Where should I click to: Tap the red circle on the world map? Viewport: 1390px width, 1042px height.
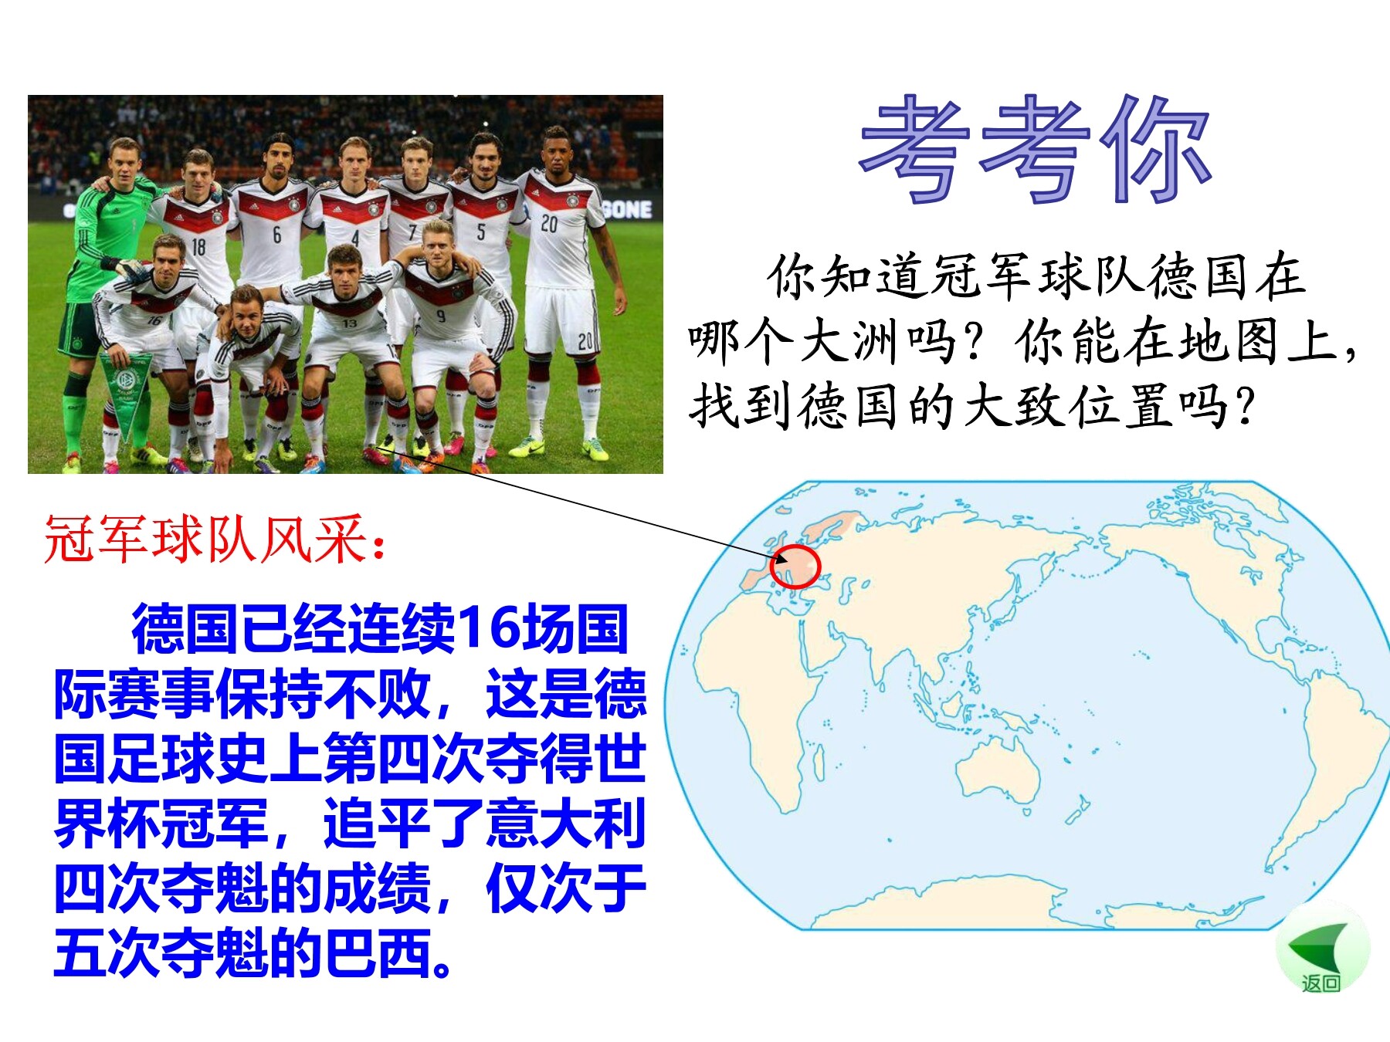pyautogui.click(x=795, y=566)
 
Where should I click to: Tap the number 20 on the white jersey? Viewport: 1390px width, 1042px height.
pyautogui.click(x=549, y=224)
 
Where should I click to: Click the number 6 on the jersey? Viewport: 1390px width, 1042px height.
pyautogui.click(x=276, y=235)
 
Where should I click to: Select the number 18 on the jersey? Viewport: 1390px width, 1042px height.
pyautogui.click(x=198, y=247)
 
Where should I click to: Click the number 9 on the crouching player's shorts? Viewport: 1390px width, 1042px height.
pyautogui.click(x=441, y=315)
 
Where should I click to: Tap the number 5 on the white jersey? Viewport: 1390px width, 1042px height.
pyautogui.click(x=480, y=232)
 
